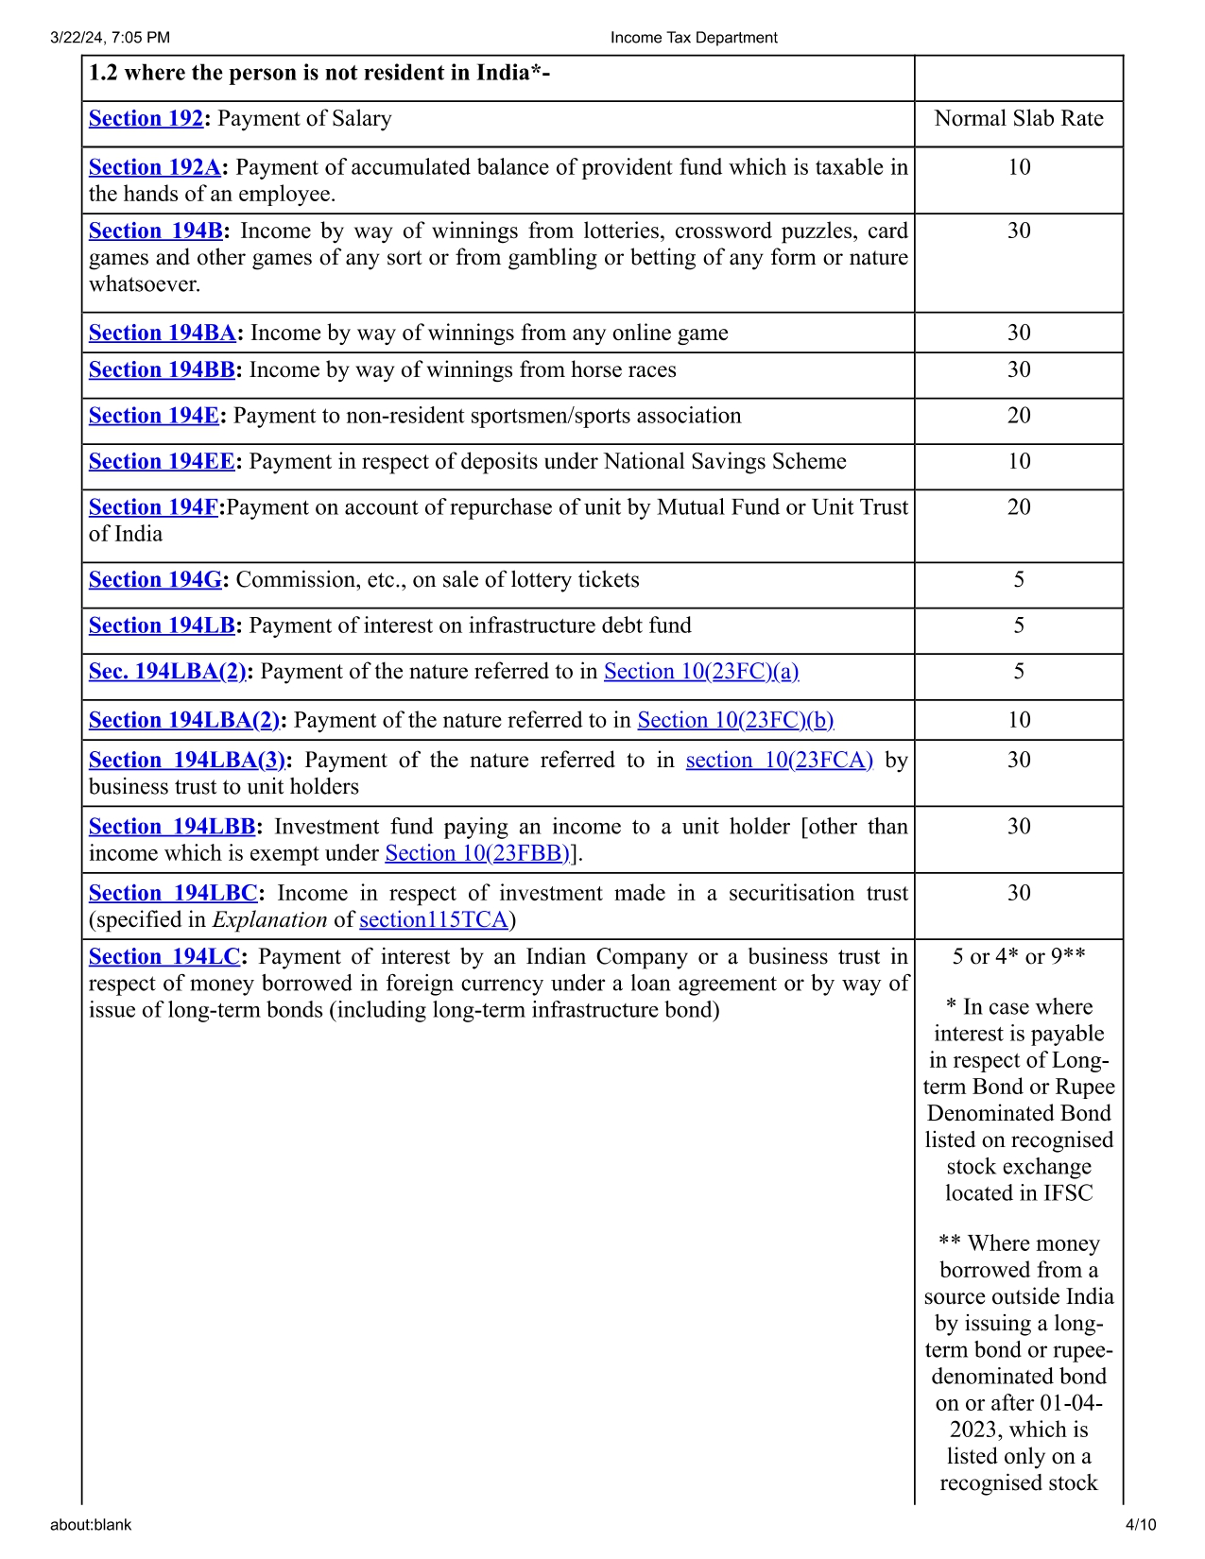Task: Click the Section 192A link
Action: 155,167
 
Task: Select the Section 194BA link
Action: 163,333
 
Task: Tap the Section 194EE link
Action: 162,461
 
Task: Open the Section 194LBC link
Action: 173,893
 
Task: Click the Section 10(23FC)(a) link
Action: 701,671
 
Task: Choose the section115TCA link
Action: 434,919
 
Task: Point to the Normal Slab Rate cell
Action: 1019,118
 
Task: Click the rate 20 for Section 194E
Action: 1019,416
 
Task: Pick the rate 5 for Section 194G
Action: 1019,579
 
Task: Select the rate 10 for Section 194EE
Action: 1019,461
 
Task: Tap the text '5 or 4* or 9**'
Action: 1019,956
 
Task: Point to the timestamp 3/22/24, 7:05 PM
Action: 111,38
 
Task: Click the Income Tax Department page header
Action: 694,38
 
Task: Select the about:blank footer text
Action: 91,1524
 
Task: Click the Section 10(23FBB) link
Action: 477,853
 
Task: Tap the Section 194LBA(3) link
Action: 187,760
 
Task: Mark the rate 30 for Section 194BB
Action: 1019,369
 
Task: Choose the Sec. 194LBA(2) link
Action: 167,671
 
